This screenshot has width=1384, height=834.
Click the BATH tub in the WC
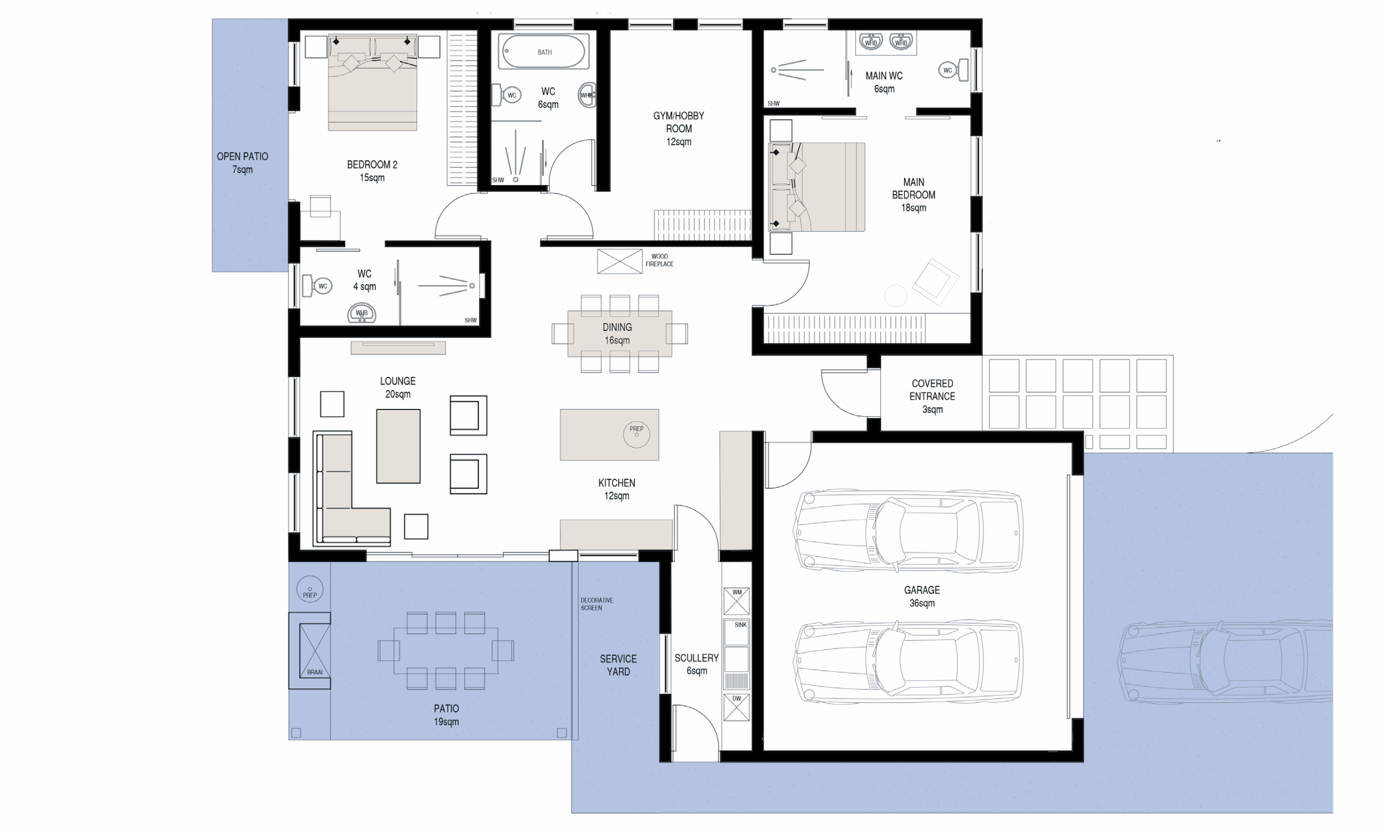[544, 52]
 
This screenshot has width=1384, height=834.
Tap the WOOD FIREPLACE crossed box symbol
[620, 261]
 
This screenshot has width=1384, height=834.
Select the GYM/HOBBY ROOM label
[678, 129]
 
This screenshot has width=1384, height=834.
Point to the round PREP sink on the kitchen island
[636, 434]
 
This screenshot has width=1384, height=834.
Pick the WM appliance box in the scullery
[736, 601]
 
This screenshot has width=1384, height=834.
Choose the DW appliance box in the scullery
[736, 707]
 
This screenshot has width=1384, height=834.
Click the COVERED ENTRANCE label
[933, 396]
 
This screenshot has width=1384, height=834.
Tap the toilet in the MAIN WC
[954, 70]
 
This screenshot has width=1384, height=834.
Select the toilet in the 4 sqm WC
[317, 286]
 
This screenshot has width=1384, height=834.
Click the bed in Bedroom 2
[372, 83]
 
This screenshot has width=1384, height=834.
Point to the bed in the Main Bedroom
[817, 187]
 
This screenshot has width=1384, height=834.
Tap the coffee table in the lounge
[398, 446]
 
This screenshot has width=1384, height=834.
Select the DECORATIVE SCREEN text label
[596, 604]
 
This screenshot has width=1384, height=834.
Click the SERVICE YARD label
[618, 665]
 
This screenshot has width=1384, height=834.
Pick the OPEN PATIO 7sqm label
[243, 163]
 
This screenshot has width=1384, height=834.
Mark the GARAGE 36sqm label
[922, 596]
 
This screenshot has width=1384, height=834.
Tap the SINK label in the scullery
[740, 624]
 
